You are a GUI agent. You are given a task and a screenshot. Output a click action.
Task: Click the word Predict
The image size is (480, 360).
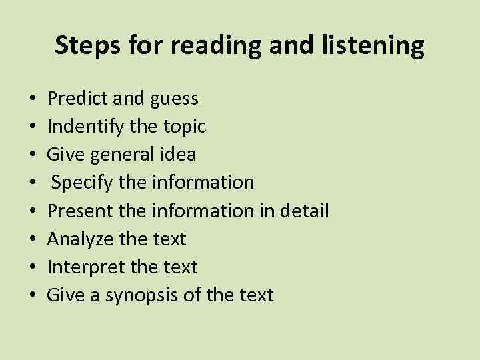(73, 99)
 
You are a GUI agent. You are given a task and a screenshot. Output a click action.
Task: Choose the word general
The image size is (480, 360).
(120, 155)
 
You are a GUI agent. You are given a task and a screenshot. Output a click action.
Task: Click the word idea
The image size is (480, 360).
(178, 155)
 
